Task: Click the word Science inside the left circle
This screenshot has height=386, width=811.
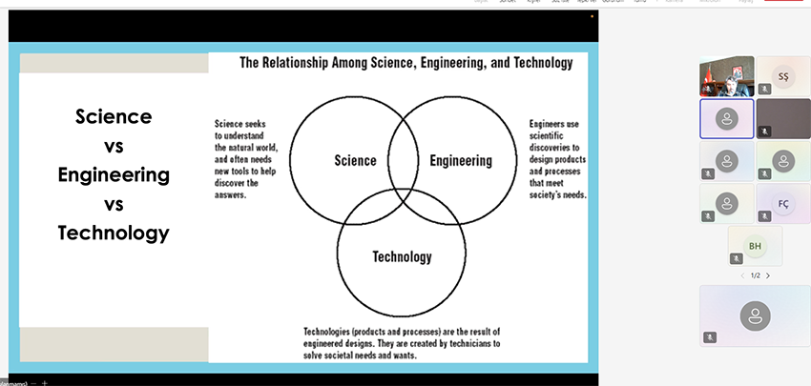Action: [355, 161]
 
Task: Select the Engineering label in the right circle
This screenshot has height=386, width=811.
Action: [461, 161]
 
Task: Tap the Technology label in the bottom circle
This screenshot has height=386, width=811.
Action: [402, 256]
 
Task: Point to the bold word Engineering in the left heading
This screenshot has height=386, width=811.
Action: [114, 175]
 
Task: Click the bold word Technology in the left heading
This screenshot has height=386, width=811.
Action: [114, 233]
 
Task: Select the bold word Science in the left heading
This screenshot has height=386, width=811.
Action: [114, 116]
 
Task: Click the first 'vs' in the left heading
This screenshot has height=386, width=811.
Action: [114, 146]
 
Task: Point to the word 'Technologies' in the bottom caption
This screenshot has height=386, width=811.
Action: [333, 331]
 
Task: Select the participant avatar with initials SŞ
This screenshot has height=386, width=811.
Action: [783, 75]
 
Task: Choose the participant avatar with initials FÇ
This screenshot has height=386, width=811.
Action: [783, 204]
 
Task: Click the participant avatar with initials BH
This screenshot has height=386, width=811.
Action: [755, 246]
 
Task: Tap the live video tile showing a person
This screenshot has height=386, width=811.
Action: [726, 76]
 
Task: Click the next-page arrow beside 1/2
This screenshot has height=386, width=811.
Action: [768, 276]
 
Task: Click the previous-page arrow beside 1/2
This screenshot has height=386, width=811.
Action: [741, 276]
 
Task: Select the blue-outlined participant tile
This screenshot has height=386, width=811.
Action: [727, 119]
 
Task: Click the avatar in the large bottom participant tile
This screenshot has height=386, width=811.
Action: [755, 315]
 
